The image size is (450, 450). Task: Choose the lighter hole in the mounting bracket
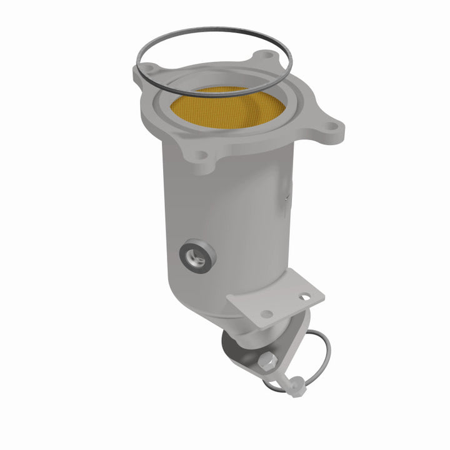tap(267, 313)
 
